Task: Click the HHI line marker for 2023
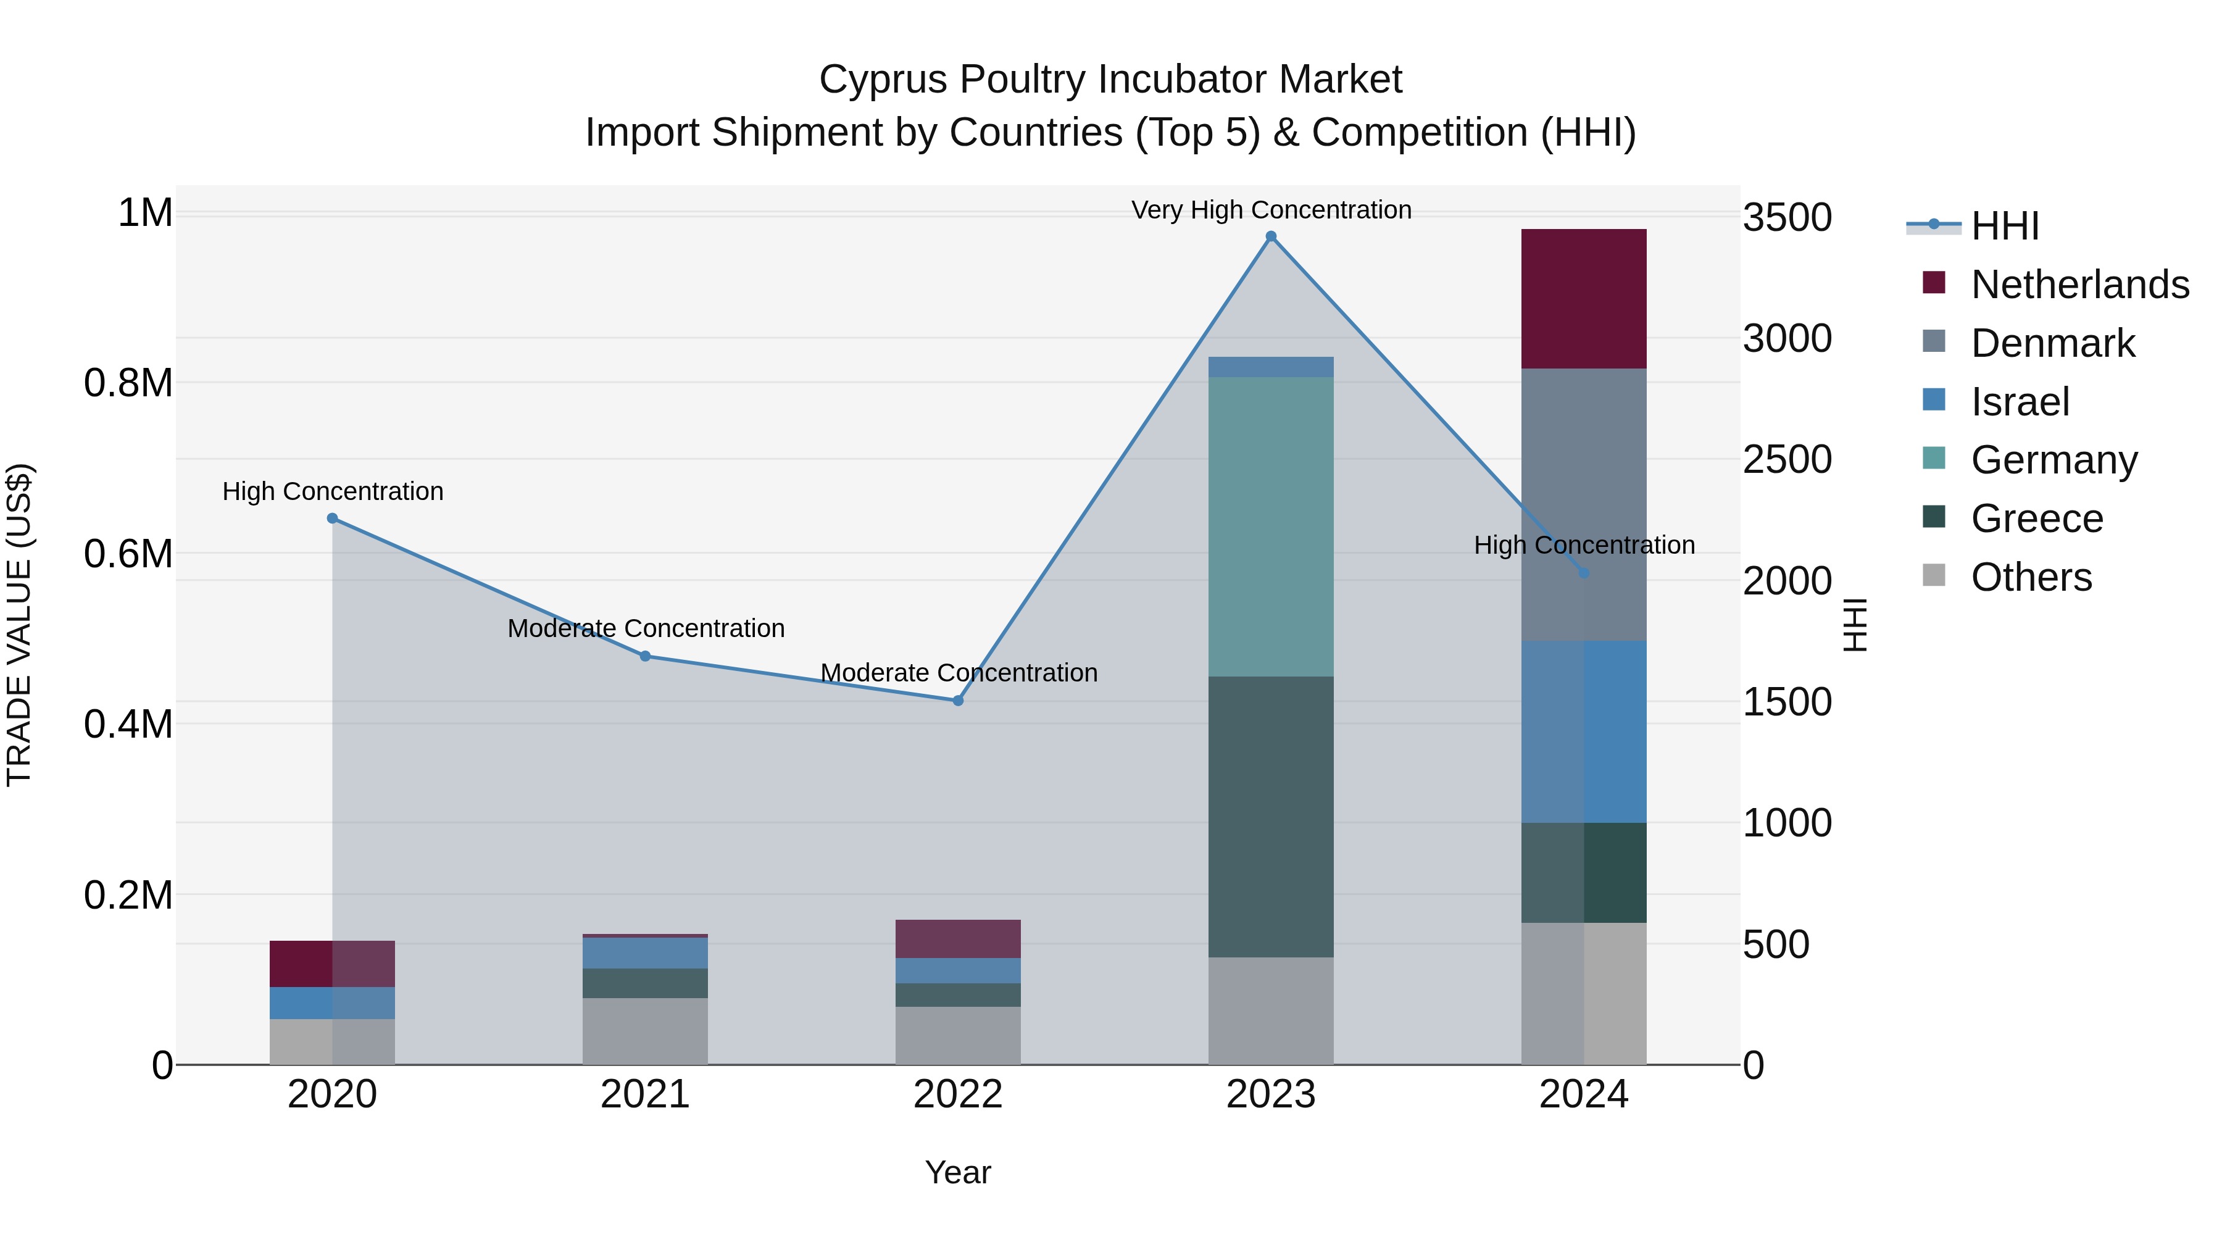[x=1271, y=236]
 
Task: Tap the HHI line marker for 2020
[x=332, y=519]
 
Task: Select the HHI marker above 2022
[x=957, y=701]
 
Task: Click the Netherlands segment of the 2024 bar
[x=1584, y=299]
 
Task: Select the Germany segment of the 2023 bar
[x=1271, y=526]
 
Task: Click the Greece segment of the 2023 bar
[x=1271, y=816]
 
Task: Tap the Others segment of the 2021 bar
[x=645, y=1031]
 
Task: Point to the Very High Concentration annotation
[x=1271, y=210]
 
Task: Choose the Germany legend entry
[x=2053, y=460]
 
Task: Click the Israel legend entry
[x=2020, y=402]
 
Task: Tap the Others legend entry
[x=2031, y=577]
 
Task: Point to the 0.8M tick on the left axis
[x=128, y=383]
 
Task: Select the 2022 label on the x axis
[x=957, y=1094]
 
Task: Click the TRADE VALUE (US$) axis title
[x=19, y=625]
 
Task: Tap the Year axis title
[x=957, y=1172]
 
